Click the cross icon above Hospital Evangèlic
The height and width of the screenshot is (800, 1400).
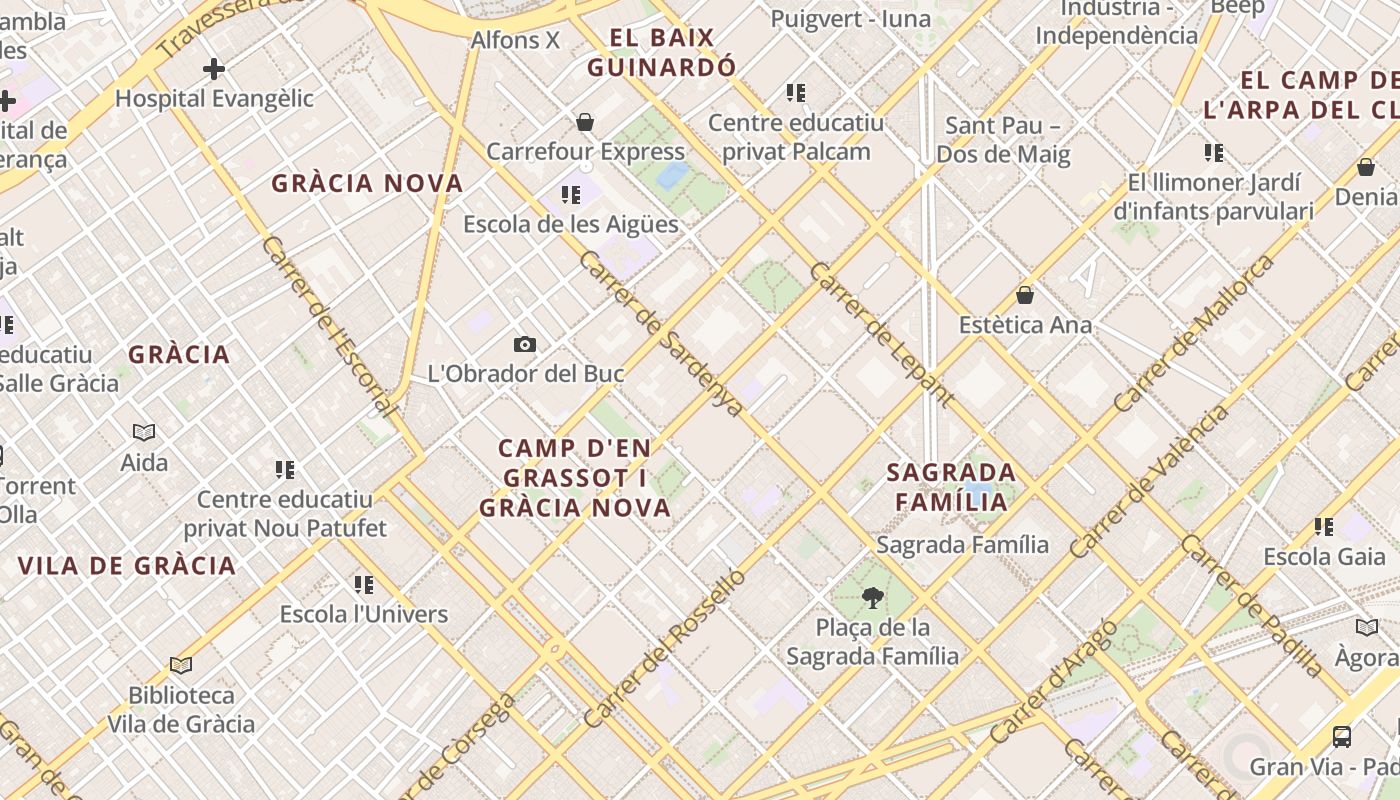click(x=213, y=69)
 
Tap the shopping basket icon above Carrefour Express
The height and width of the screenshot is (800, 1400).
click(x=585, y=122)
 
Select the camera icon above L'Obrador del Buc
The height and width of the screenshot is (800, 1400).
click(x=525, y=345)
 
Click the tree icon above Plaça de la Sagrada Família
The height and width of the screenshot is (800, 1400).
click(x=872, y=598)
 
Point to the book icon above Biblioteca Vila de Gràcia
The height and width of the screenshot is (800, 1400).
click(x=181, y=665)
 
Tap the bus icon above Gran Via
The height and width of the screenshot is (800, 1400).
click(x=1342, y=737)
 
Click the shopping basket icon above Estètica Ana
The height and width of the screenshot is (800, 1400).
click(x=1025, y=295)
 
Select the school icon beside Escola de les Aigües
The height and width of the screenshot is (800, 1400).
click(x=571, y=195)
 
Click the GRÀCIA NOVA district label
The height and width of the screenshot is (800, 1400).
click(x=367, y=184)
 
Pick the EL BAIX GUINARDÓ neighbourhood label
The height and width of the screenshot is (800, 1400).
click(x=661, y=53)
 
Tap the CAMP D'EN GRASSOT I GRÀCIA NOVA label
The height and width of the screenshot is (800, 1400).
click(x=575, y=478)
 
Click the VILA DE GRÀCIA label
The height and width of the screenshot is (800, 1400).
click(x=127, y=566)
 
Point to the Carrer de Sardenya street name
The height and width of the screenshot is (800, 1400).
click(x=661, y=333)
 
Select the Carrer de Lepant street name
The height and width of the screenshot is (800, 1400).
click(x=881, y=335)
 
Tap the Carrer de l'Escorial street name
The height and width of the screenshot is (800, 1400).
click(x=329, y=326)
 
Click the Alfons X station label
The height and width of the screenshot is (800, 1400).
click(x=515, y=41)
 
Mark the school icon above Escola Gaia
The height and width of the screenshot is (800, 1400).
click(x=1324, y=527)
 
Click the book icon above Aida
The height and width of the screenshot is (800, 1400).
click(x=144, y=433)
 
